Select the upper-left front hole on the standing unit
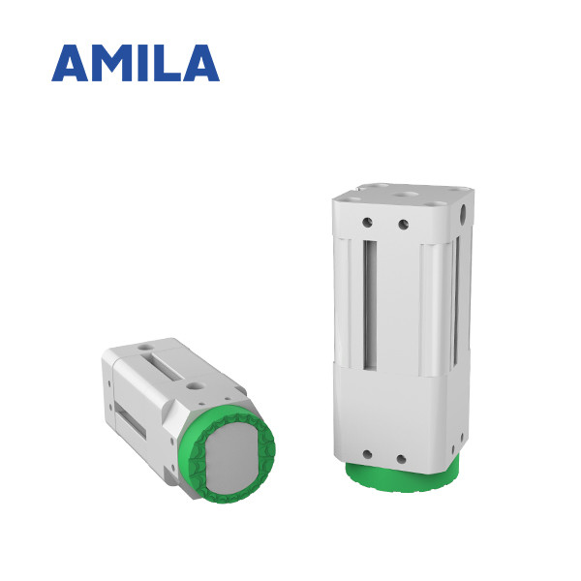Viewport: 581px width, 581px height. click(x=369, y=223)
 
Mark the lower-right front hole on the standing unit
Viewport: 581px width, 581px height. click(x=400, y=455)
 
